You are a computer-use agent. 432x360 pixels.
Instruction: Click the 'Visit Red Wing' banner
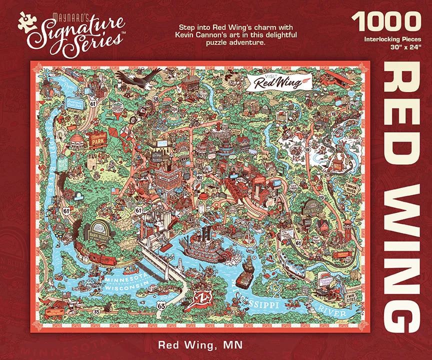[x=277, y=80]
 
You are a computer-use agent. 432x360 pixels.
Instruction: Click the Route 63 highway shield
[x=160, y=304]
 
